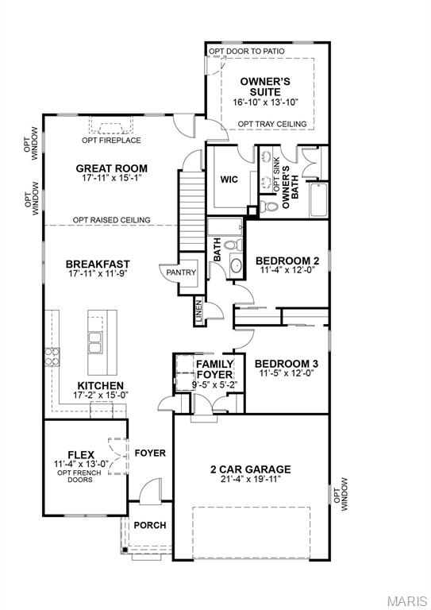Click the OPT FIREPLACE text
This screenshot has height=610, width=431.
(x=111, y=141)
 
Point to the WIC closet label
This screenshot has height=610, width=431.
(x=229, y=180)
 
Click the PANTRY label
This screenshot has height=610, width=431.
(x=179, y=272)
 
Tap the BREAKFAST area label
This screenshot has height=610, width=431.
(x=98, y=264)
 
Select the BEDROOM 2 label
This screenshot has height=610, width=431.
(x=287, y=260)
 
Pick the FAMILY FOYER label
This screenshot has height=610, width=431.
(x=214, y=369)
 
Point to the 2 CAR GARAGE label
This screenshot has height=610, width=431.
(x=250, y=469)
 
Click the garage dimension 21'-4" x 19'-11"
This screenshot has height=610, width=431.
(x=250, y=480)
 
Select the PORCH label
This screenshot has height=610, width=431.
(x=149, y=525)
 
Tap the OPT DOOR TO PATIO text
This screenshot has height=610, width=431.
(x=246, y=52)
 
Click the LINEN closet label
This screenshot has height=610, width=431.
(x=198, y=312)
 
